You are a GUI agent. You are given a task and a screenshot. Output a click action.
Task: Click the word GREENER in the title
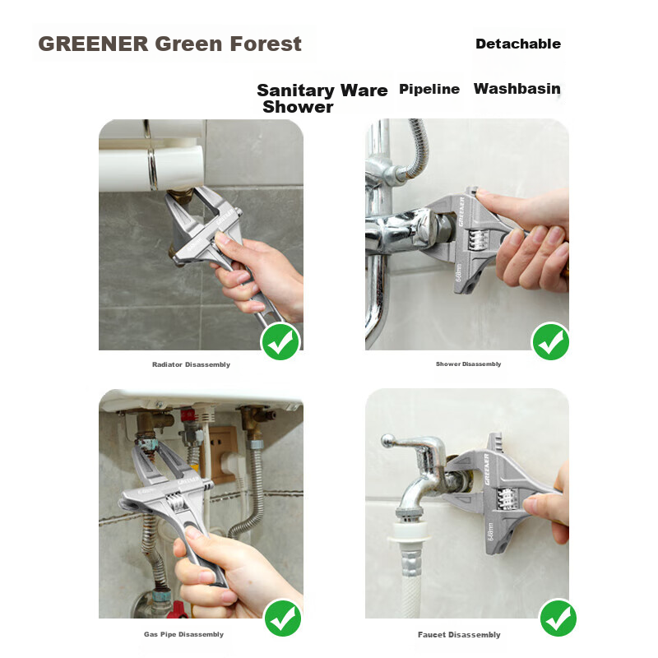click(x=93, y=44)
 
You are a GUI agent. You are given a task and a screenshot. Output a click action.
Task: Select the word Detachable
click(x=518, y=44)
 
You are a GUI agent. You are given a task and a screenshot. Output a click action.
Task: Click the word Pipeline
click(x=429, y=89)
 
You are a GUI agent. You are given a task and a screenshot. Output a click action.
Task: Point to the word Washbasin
click(x=517, y=89)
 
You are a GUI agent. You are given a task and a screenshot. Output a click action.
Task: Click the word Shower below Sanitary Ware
click(x=298, y=107)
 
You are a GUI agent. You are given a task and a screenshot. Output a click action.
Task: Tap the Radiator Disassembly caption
click(x=191, y=364)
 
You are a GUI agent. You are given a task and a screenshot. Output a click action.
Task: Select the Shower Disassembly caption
click(x=468, y=364)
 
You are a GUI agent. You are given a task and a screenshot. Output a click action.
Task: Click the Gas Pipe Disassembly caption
click(x=183, y=634)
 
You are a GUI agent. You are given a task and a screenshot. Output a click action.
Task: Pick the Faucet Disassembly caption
click(x=459, y=634)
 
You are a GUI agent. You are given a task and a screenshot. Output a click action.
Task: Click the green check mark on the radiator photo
click(x=280, y=341)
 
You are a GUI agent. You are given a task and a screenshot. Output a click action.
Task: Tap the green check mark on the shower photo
click(x=551, y=341)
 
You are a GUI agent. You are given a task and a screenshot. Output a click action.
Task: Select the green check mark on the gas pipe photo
click(x=282, y=619)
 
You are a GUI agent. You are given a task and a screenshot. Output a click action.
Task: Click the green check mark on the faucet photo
click(x=558, y=619)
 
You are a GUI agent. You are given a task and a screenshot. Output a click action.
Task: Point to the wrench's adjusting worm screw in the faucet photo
click(x=507, y=499)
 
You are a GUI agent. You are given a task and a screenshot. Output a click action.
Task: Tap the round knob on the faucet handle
click(x=387, y=440)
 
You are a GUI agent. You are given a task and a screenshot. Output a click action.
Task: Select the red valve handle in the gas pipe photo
click(x=177, y=610)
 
